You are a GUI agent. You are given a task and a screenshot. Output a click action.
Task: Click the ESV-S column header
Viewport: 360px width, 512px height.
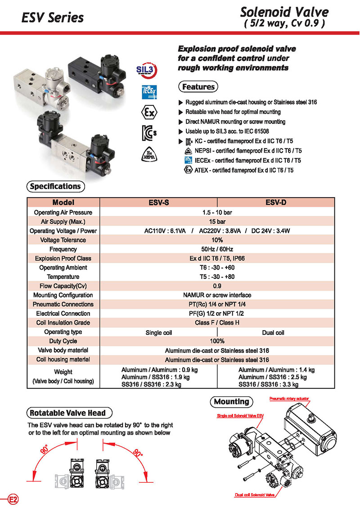tap(158, 202)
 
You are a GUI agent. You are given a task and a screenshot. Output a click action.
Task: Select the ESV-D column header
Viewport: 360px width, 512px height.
tap(275, 202)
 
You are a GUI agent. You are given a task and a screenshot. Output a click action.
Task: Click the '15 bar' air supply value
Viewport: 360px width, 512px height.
tap(217, 221)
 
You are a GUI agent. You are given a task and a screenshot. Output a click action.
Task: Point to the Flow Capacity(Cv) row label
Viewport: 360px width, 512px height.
tap(63, 286)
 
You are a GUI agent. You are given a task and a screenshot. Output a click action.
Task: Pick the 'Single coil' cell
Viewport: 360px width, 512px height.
tap(158, 332)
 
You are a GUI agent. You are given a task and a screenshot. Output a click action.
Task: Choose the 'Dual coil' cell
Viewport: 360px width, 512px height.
tap(275, 332)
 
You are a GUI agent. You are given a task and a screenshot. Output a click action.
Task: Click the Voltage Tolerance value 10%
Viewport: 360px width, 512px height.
tap(217, 240)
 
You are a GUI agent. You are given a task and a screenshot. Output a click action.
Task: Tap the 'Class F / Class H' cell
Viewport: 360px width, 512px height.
tap(217, 323)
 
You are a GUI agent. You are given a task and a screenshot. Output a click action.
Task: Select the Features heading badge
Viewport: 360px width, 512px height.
tap(198, 86)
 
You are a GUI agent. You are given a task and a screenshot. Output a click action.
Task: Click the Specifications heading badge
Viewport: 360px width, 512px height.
tap(55, 186)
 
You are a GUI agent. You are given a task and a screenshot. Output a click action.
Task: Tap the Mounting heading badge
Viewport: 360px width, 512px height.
tap(232, 401)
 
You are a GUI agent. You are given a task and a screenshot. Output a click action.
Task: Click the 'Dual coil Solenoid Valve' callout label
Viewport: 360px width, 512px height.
tap(255, 495)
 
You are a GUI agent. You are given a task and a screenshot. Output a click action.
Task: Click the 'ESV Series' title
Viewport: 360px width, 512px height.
tap(53, 18)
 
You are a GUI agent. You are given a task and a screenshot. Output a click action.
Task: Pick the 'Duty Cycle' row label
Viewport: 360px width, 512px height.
tap(63, 341)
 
